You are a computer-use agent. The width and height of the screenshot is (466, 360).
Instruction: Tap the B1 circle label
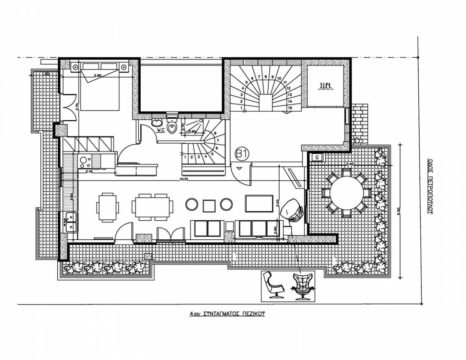coord(242,154)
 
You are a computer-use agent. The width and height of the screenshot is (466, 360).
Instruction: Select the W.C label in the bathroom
coord(161,130)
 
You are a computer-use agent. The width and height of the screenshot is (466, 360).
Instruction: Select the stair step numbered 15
coord(290,108)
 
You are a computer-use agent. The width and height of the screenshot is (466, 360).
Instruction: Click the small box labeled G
coord(317,157)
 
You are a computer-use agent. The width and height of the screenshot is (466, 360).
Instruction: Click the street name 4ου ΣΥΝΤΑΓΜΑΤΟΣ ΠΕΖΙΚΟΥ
coord(227,313)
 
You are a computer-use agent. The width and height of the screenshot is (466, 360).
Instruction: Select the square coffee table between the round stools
coord(209,205)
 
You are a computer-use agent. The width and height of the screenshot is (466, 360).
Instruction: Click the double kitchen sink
coord(70,222)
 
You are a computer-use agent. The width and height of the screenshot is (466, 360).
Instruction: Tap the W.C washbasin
coord(158,123)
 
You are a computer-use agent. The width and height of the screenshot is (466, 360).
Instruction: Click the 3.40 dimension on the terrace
coord(350,164)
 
